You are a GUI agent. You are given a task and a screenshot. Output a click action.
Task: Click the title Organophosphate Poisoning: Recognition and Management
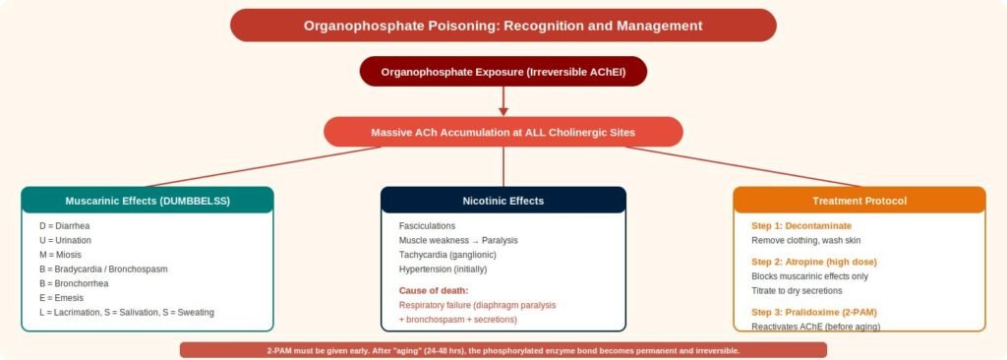[503, 26]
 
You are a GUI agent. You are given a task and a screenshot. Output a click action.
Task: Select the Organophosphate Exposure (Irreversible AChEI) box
[503, 72]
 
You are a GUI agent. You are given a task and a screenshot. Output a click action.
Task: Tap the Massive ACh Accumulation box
[503, 133]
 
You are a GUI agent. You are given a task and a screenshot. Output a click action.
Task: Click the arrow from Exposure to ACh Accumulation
[503, 101]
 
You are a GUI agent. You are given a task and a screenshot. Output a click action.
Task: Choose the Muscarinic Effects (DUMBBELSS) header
[148, 201]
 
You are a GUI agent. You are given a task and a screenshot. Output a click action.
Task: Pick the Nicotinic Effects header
[503, 201]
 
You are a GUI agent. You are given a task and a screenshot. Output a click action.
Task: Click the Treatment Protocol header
[859, 201]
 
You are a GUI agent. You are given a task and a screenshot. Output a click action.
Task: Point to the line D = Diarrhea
[66, 226]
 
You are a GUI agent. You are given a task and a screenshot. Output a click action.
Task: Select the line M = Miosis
[60, 255]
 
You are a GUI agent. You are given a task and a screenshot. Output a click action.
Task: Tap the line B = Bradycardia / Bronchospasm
[102, 269]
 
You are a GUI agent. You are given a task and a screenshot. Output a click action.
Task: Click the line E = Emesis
[61, 298]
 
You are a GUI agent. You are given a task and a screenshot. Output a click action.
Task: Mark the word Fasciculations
[427, 226]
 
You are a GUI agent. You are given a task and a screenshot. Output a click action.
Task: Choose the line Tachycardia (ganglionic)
[447, 255]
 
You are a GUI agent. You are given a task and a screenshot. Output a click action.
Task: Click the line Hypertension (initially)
[444, 269]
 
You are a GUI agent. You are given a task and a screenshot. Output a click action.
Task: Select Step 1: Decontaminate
[801, 226]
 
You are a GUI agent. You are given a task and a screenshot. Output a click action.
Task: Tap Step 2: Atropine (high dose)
[814, 262]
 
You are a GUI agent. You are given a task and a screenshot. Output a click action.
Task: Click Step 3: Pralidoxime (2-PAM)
[814, 313]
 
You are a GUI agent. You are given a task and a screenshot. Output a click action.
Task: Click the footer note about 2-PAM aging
[503, 351]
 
